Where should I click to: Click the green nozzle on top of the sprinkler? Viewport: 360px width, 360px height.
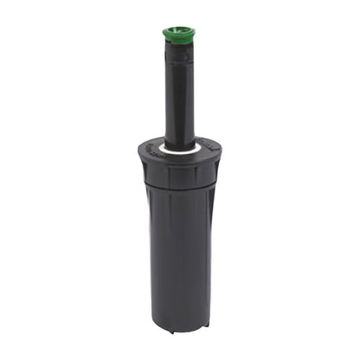click(x=178, y=35)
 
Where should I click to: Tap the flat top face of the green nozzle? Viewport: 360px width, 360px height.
click(x=178, y=30)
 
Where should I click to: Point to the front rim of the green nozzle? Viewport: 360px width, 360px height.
click(x=178, y=39)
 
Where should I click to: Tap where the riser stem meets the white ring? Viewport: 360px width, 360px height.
click(x=179, y=144)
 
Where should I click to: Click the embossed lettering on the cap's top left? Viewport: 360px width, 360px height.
click(x=151, y=147)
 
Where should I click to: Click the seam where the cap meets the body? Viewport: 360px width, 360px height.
click(x=178, y=188)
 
